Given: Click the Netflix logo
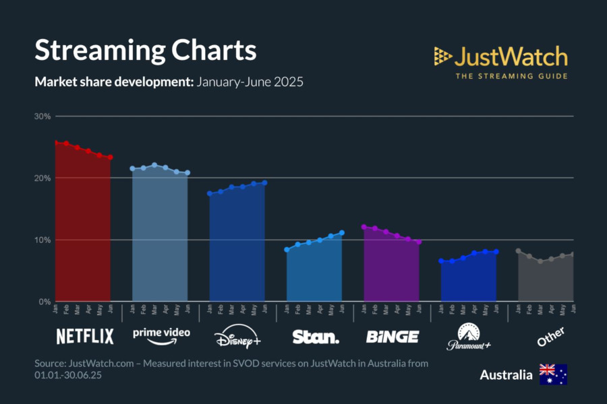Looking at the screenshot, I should (x=84, y=336).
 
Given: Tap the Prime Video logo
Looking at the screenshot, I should (x=161, y=335).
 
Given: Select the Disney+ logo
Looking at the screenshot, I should (x=237, y=337).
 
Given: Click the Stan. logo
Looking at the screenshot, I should (x=315, y=336).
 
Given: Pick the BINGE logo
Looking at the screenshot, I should (x=392, y=336).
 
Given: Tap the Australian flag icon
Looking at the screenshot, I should (x=553, y=374).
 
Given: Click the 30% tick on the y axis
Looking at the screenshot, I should (x=43, y=116).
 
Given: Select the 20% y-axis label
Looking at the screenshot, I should (x=43, y=178).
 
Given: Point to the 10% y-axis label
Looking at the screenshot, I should (x=43, y=240).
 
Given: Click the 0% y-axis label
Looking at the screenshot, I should (x=45, y=302).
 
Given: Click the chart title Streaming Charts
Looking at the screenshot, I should (x=145, y=51).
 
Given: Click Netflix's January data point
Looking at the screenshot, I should (x=56, y=142).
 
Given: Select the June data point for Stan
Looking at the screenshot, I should (x=342, y=233).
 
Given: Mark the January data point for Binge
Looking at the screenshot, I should (x=364, y=227).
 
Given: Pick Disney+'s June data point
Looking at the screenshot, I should (x=264, y=182).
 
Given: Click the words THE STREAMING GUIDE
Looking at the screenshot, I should (x=511, y=76).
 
